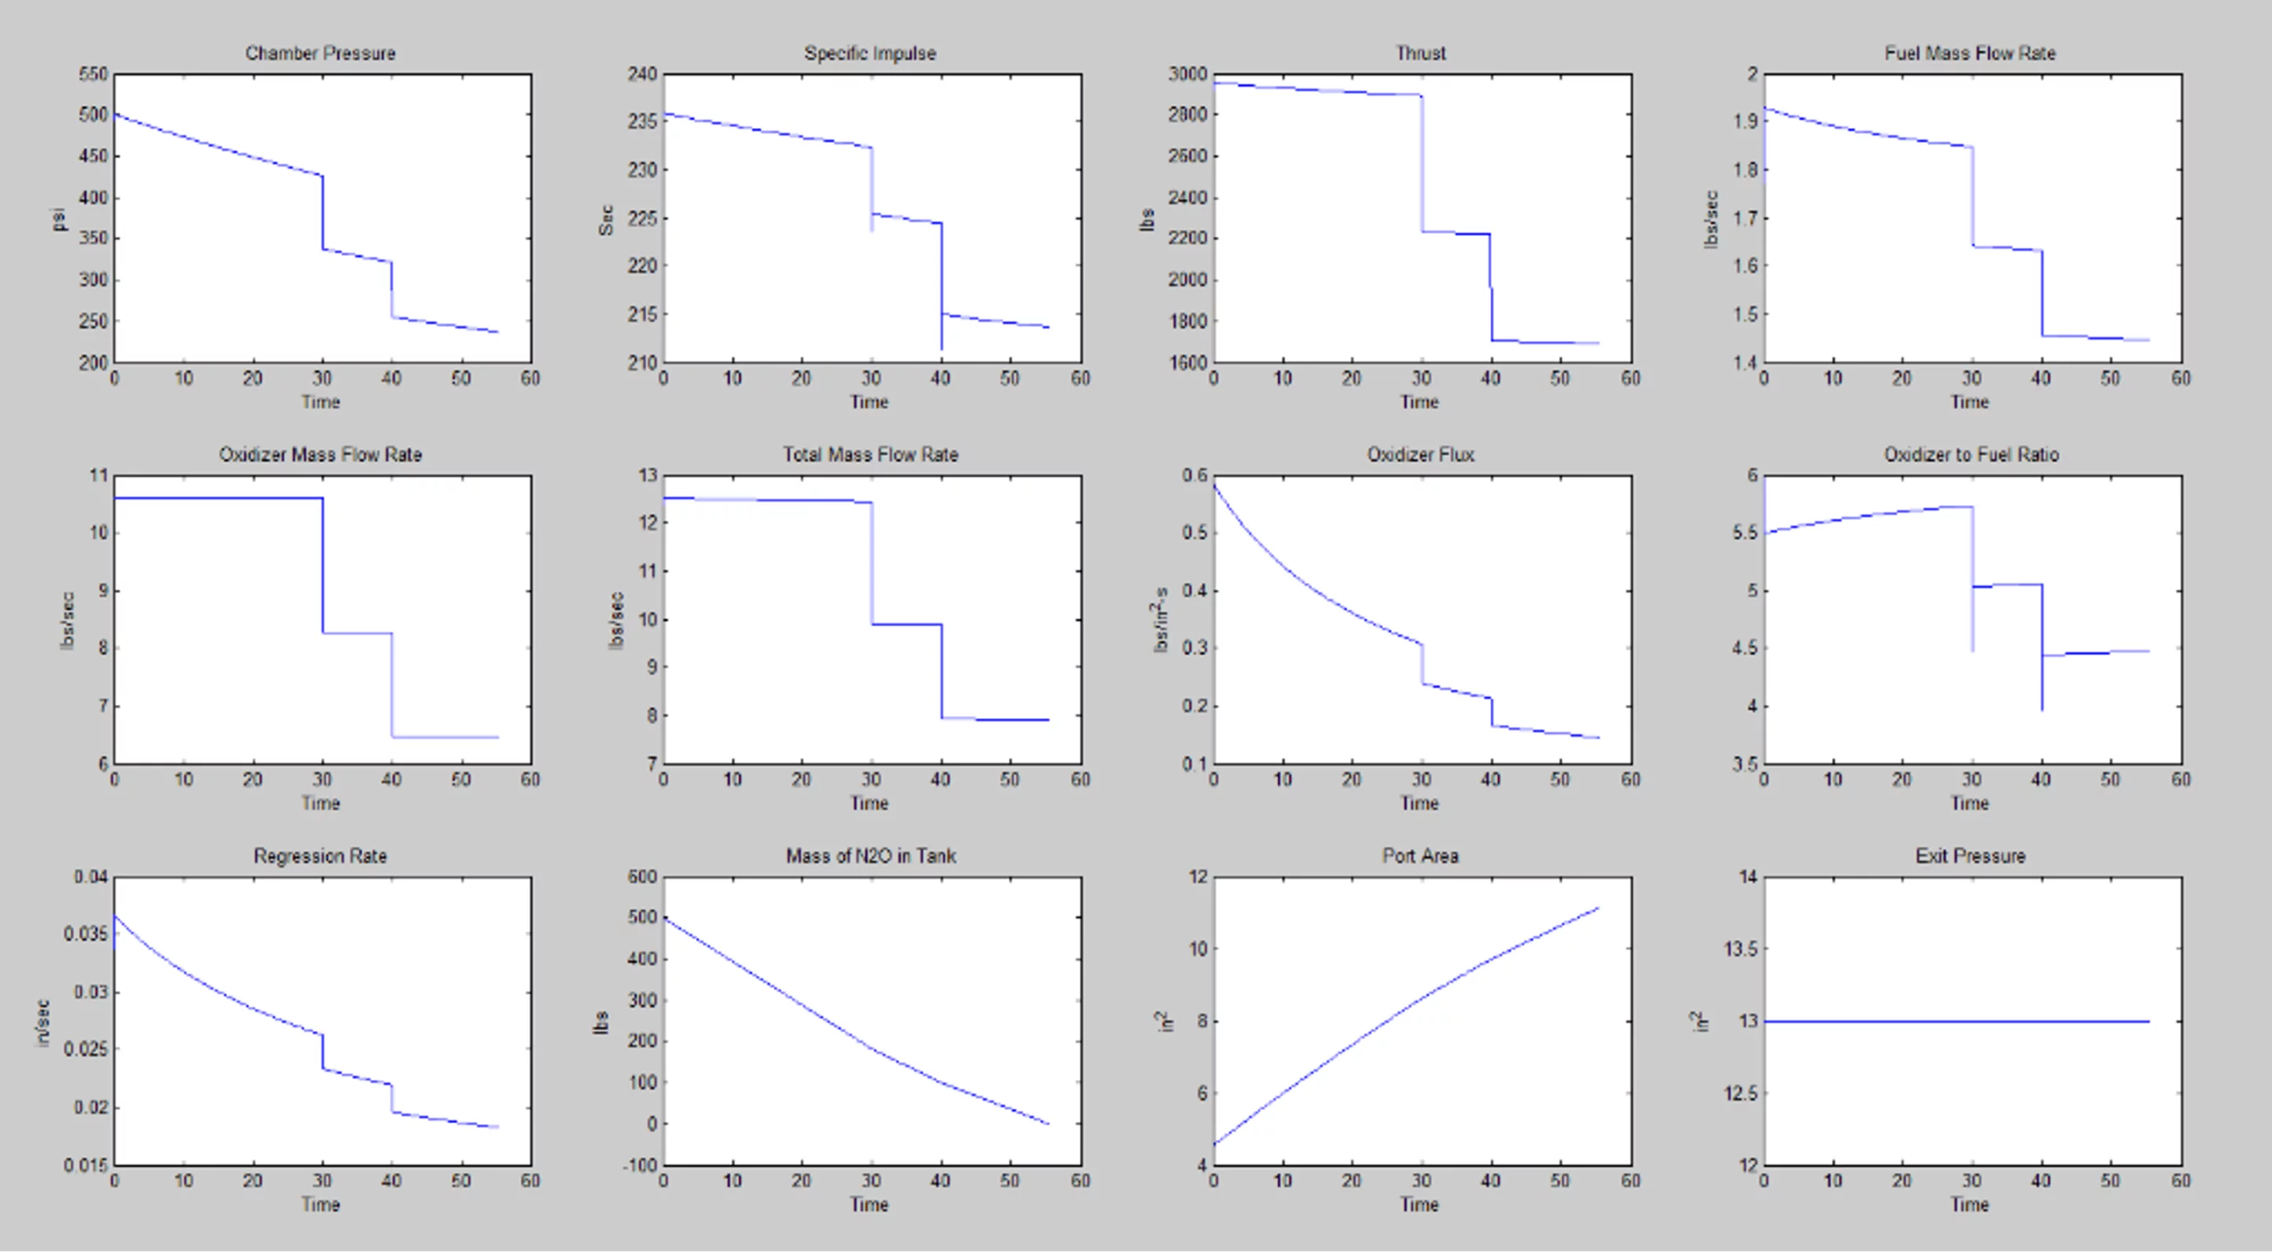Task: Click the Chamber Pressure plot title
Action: (x=320, y=53)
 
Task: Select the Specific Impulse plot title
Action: (x=869, y=53)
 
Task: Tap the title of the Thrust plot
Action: (x=1420, y=53)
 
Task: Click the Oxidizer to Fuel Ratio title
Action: (x=1971, y=455)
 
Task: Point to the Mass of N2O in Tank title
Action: (x=870, y=856)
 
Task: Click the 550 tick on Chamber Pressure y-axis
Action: (x=94, y=74)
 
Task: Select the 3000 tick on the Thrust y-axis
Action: (x=1187, y=74)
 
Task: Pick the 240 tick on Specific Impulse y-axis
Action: (x=643, y=74)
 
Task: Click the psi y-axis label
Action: (x=58, y=219)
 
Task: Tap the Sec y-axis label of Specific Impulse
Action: (x=606, y=219)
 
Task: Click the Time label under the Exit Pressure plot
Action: (x=1970, y=1205)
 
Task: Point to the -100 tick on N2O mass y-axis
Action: (x=640, y=1165)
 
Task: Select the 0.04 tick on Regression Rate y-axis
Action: (x=91, y=877)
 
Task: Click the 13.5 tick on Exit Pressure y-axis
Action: (x=1741, y=950)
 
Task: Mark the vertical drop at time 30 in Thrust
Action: (x=1422, y=163)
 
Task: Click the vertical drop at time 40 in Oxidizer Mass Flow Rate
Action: (x=391, y=684)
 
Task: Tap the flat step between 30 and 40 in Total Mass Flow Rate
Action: (x=906, y=624)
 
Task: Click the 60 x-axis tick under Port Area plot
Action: (x=1631, y=1180)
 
